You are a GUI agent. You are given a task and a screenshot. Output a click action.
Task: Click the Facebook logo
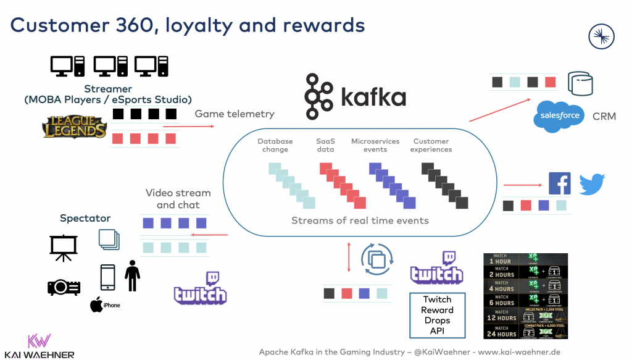click(560, 183)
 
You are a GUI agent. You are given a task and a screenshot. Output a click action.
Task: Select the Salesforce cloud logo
click(560, 115)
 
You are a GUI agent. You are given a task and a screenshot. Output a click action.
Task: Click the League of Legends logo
click(75, 128)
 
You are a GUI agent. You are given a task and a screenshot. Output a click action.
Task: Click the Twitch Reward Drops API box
click(438, 315)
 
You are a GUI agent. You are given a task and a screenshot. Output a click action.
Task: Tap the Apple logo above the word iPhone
click(96, 304)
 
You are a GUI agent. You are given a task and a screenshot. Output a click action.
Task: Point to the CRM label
click(604, 116)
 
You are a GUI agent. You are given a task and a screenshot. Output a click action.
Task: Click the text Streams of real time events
click(360, 220)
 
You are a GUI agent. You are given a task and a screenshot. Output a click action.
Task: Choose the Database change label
click(275, 145)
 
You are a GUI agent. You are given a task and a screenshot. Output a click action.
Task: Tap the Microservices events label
click(375, 145)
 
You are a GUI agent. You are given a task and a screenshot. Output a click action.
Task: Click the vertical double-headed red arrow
click(349, 257)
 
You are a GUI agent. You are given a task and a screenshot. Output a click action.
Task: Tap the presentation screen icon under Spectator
click(64, 248)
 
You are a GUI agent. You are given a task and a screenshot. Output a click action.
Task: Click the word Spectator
click(85, 218)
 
